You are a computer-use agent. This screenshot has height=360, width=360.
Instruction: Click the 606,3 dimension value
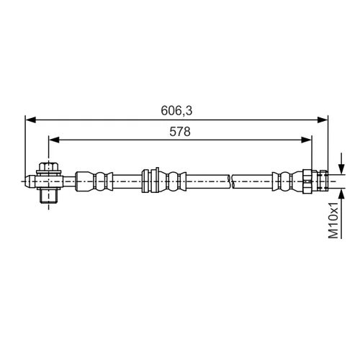point(176,111)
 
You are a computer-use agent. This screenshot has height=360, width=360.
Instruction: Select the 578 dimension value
point(180,132)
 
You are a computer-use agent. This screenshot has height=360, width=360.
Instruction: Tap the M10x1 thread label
point(333,220)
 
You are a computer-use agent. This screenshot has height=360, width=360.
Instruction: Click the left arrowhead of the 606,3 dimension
point(30,120)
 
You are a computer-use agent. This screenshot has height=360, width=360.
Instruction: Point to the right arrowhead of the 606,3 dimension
point(323,120)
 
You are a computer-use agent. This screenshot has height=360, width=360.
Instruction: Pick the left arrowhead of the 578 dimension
point(54,140)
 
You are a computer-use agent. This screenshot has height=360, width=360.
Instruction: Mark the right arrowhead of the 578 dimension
point(307,140)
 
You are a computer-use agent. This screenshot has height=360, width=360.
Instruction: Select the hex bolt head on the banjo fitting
point(49,166)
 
